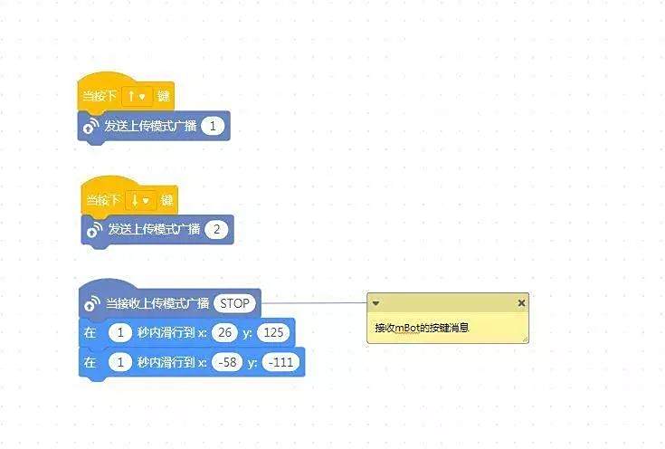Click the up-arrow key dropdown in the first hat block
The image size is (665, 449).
137,96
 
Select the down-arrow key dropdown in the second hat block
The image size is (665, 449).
140,200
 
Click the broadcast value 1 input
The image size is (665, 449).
213,126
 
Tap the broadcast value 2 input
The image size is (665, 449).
216,230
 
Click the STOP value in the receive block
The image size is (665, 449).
235,303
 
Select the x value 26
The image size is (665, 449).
224,332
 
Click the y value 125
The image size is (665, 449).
273,332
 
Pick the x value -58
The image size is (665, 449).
227,362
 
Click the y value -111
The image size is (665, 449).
280,362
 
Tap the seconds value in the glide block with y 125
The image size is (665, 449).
120,332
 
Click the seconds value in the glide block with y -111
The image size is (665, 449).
120,362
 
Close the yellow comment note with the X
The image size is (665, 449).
521,303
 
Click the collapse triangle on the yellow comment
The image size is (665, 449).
375,303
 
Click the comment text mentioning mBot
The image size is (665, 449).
422,328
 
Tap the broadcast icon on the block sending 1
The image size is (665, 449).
90,126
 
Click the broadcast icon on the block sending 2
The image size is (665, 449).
94,230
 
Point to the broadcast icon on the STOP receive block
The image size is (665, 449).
92,303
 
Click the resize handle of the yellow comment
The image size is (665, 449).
525,339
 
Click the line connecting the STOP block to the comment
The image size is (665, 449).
314,303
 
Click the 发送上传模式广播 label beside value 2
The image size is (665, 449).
154,230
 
